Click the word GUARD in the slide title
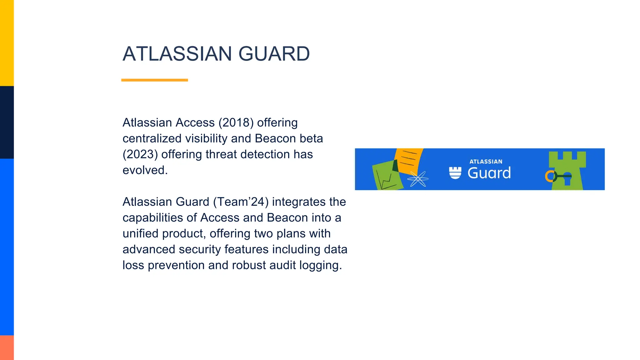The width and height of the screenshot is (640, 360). point(274,54)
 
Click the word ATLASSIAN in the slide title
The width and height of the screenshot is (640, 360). point(177,54)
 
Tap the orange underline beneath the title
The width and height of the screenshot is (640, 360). point(154,80)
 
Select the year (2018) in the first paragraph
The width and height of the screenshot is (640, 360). point(236,122)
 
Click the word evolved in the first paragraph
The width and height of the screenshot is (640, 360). point(145,170)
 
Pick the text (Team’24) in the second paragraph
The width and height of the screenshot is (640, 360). point(241,202)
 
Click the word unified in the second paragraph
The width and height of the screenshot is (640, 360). point(141,234)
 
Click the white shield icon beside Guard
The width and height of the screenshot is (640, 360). point(455,173)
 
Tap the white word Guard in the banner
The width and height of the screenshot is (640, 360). point(489,173)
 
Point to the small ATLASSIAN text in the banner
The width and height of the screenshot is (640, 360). point(486,162)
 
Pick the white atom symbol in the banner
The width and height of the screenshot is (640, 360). point(418,179)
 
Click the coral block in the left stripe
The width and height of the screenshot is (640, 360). point(7,347)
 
